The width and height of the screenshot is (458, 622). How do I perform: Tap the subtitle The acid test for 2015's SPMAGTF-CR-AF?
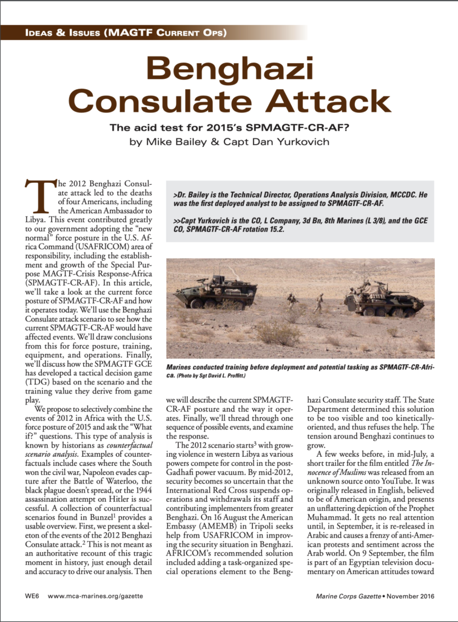point(229,128)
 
